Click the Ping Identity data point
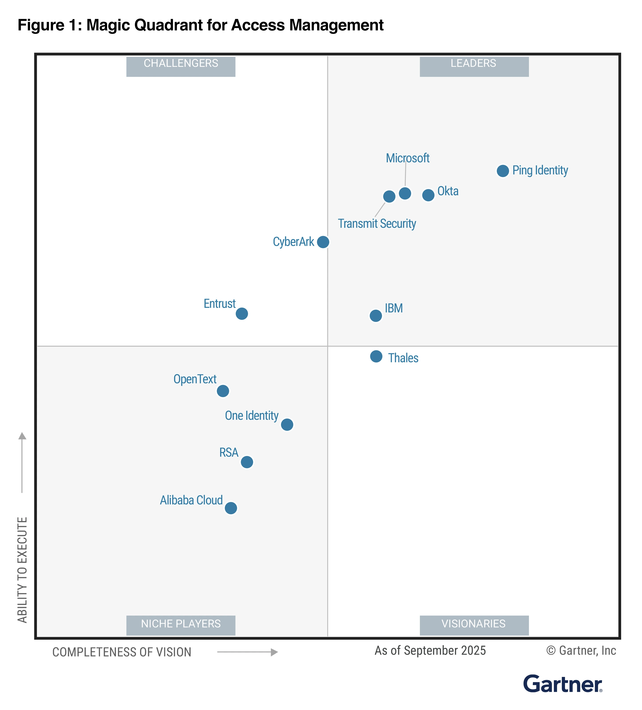[503, 171]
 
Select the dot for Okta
[428, 195]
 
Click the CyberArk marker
[323, 242]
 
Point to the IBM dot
[375, 316]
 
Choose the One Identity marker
[287, 425]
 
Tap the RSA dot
[247, 462]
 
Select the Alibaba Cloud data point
[231, 508]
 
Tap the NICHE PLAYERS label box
[181, 625]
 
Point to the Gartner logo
[562, 684]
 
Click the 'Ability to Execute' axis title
[22, 570]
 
